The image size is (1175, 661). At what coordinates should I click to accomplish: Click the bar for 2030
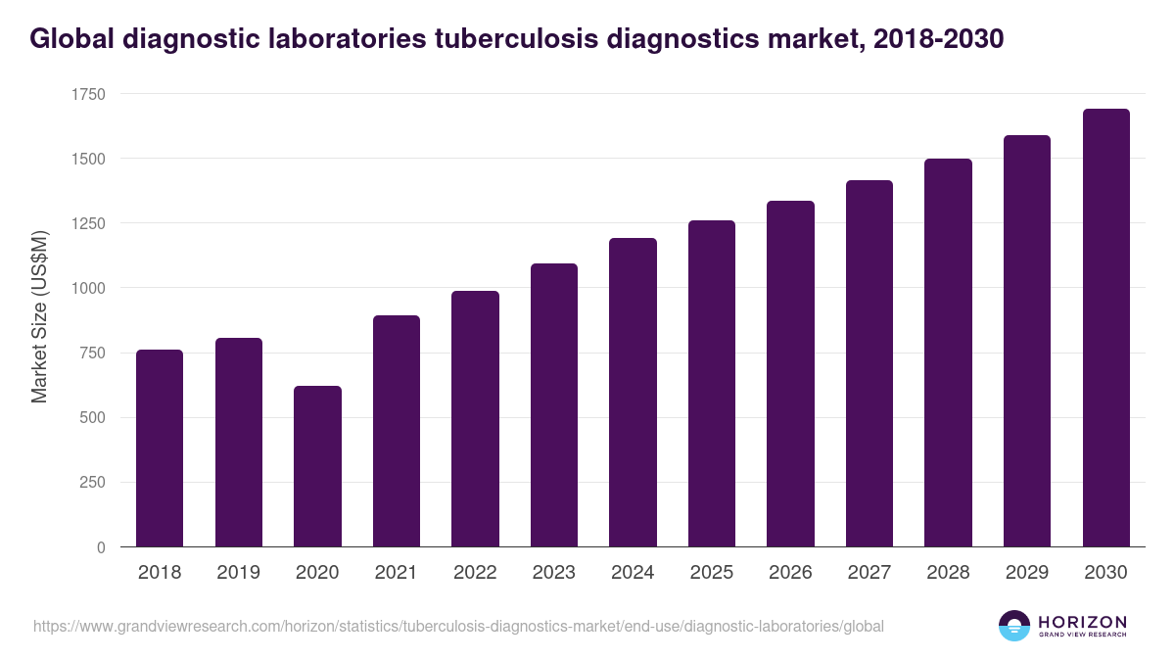pos(1105,328)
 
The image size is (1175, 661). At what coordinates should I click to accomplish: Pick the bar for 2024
pos(633,393)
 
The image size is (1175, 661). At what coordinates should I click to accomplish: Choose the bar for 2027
pos(869,363)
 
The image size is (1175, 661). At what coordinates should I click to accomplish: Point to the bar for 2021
pos(397,431)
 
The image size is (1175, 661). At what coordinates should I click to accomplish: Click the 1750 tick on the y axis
pos(88,94)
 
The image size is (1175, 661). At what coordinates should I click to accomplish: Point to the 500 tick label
pos(93,418)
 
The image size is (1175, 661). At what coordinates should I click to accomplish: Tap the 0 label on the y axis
pos(101,547)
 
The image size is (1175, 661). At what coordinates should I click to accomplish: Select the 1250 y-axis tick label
pos(88,223)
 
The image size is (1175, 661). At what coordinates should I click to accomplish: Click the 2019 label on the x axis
pos(238,573)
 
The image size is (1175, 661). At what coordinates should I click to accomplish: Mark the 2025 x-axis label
pos(711,573)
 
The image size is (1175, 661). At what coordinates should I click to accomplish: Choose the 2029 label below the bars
pos(1026,573)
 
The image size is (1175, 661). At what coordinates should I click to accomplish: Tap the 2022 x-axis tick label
pos(475,573)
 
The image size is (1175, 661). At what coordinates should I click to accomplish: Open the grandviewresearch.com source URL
pos(458,626)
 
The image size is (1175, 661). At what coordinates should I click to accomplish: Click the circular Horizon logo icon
pos(1013,626)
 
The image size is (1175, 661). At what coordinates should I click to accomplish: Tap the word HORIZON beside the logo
pos(1082,621)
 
